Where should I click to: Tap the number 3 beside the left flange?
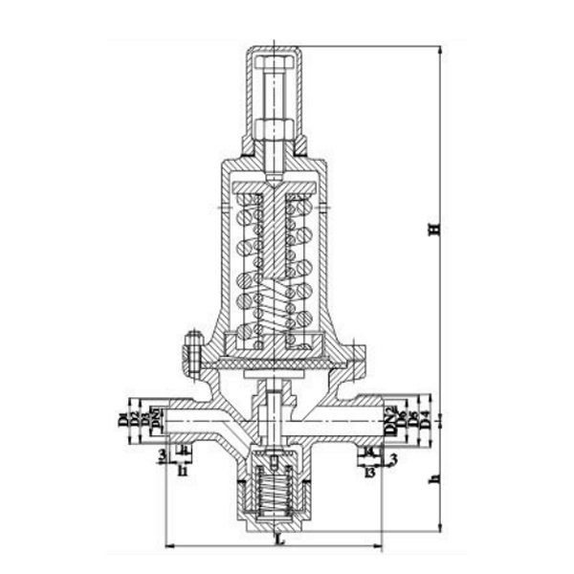click(x=162, y=452)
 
